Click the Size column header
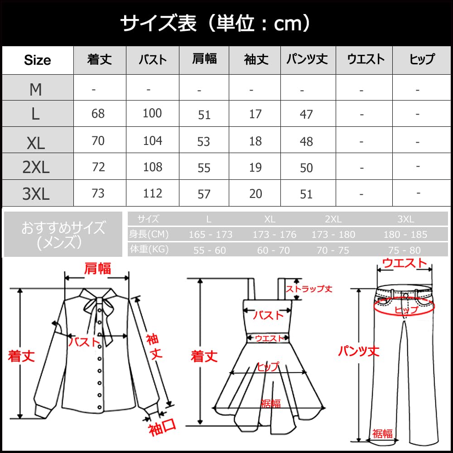(x=37, y=60)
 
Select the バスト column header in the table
(x=152, y=60)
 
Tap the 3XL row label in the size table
(x=36, y=194)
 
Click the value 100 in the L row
(x=152, y=113)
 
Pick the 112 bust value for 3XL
(x=152, y=193)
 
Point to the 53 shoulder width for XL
(x=204, y=141)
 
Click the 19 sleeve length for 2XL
(x=255, y=168)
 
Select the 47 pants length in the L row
(x=306, y=114)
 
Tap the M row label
(x=36, y=90)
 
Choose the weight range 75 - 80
(x=405, y=250)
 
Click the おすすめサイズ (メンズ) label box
(x=63, y=234)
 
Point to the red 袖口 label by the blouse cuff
(x=162, y=428)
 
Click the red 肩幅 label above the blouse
(x=97, y=268)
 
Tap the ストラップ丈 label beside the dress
(x=309, y=289)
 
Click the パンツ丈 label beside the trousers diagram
(x=358, y=351)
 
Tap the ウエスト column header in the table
(x=365, y=59)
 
